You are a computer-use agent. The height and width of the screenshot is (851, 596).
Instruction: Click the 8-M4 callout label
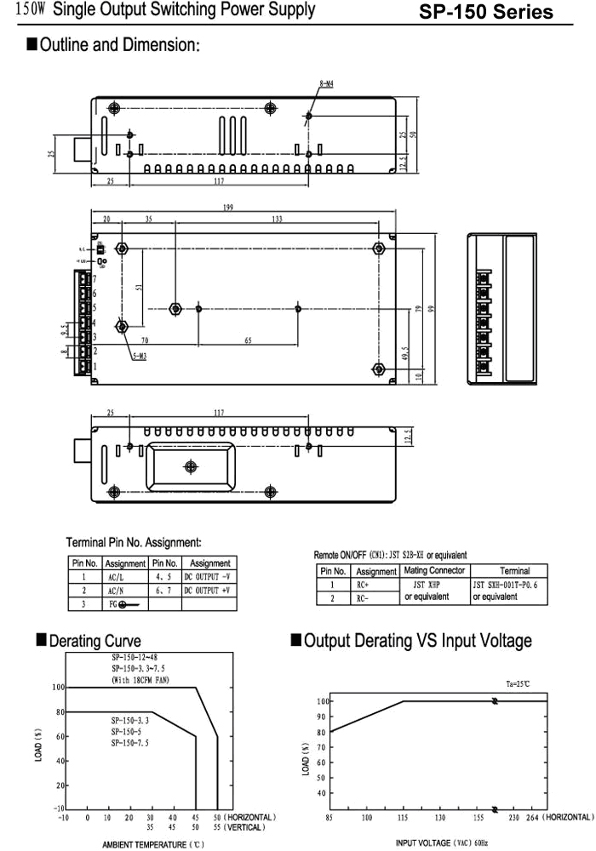[x=325, y=83]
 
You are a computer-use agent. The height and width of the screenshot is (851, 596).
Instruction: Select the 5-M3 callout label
[x=139, y=356]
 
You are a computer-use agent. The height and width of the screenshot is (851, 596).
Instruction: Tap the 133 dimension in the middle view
[x=277, y=220]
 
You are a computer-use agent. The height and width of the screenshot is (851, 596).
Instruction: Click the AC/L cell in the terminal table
[x=114, y=575]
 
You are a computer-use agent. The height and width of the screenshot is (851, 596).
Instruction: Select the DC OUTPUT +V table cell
[x=208, y=589]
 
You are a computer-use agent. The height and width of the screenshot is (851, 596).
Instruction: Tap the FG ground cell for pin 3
[x=124, y=603]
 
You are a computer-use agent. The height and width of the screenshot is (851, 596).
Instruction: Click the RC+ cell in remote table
[x=362, y=585]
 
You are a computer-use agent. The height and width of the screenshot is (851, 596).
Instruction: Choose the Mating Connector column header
[x=433, y=570]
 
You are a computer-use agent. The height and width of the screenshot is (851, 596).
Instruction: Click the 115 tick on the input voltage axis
[x=403, y=818]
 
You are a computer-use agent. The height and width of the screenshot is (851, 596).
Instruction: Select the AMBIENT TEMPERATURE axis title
[x=153, y=844]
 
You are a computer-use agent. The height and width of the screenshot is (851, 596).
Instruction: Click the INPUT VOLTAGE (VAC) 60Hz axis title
[x=442, y=843]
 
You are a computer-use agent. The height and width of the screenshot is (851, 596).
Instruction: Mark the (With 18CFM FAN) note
[x=141, y=681]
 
